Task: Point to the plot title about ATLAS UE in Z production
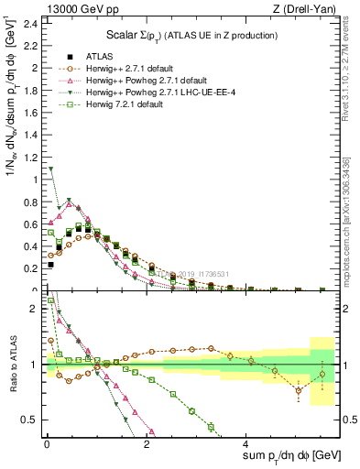coord(192,36)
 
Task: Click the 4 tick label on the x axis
coord(246,444)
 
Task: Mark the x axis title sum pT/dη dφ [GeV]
coord(291,456)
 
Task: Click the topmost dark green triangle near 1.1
coord(51,169)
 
